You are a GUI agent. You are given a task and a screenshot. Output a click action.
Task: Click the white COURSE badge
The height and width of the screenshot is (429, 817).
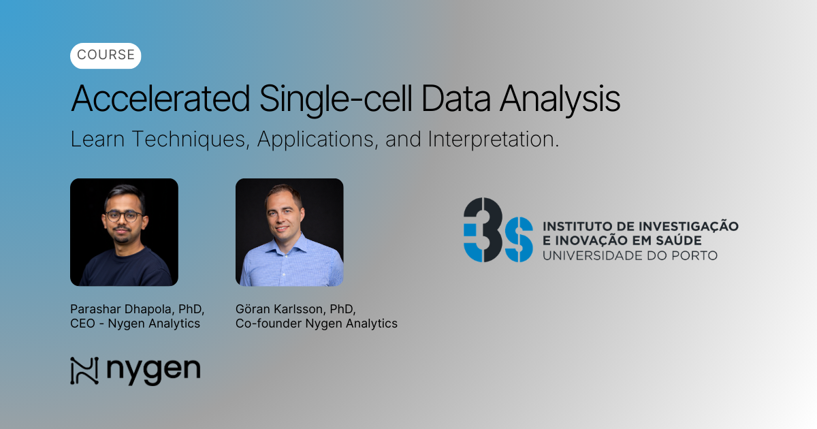tap(106, 56)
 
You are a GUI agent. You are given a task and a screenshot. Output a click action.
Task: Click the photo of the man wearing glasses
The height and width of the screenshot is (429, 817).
tap(124, 232)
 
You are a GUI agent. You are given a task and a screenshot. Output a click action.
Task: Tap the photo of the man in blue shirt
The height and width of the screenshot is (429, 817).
tap(289, 232)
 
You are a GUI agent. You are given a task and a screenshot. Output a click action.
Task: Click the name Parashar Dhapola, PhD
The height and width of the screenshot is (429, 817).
tap(137, 308)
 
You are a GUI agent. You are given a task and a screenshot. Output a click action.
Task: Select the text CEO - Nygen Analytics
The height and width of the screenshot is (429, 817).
tap(135, 323)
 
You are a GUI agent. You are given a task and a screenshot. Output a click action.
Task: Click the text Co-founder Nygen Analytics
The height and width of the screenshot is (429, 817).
tap(316, 323)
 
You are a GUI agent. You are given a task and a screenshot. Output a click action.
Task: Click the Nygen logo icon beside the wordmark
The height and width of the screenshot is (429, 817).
tap(84, 371)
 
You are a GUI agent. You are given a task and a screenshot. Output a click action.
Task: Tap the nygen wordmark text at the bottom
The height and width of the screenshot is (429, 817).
tap(153, 371)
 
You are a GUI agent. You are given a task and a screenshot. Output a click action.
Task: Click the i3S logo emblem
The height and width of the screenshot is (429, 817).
tap(498, 230)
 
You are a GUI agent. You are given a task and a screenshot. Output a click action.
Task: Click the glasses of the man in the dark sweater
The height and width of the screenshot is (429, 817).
tap(125, 217)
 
